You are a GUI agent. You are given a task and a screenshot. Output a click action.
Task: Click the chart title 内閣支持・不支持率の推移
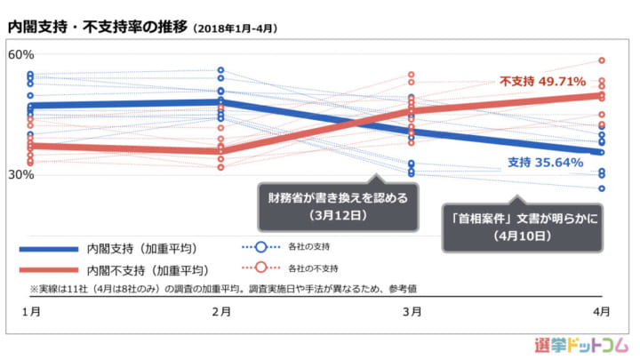tap(97, 28)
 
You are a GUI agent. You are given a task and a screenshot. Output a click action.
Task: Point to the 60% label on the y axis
tap(20, 55)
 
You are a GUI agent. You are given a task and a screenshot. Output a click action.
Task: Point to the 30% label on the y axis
tap(20, 174)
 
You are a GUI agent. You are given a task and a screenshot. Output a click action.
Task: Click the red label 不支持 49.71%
tap(542, 82)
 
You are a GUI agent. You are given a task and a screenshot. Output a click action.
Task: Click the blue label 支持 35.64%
tap(545, 162)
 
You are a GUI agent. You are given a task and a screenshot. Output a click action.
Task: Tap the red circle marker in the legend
tap(261, 267)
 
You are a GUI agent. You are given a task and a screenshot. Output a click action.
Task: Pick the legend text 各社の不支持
tap(316, 267)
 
